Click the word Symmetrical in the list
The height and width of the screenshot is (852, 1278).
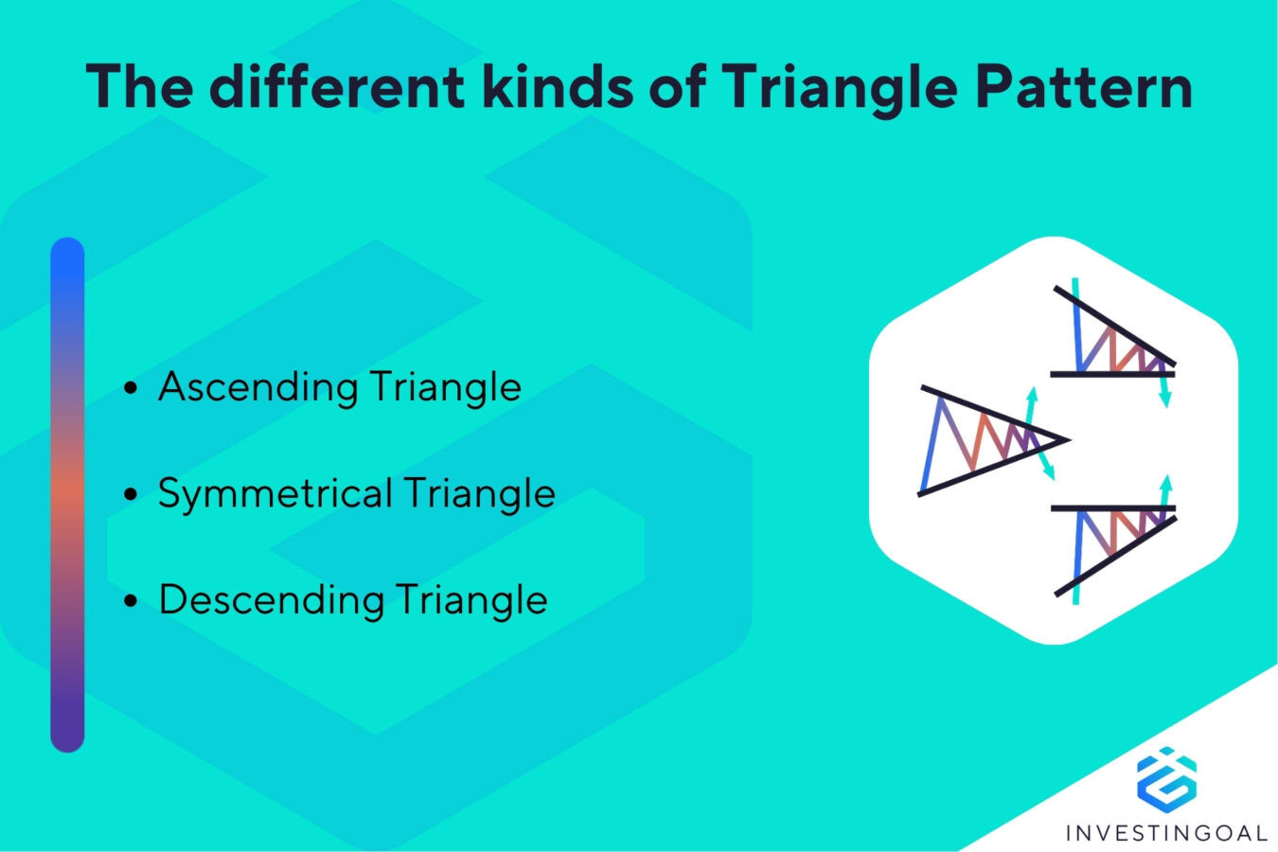274,494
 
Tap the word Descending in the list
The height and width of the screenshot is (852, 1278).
269,600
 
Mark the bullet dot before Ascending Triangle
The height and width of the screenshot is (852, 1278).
132,388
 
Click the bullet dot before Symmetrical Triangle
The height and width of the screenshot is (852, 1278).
132,494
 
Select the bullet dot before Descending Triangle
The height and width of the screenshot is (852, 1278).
132,601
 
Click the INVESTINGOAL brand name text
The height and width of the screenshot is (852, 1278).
1166,833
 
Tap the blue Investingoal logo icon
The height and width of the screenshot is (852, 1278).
1166,778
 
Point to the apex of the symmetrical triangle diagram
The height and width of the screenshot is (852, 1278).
1066,439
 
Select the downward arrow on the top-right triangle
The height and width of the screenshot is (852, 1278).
1165,390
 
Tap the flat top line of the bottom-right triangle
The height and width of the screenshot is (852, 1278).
1112,509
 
